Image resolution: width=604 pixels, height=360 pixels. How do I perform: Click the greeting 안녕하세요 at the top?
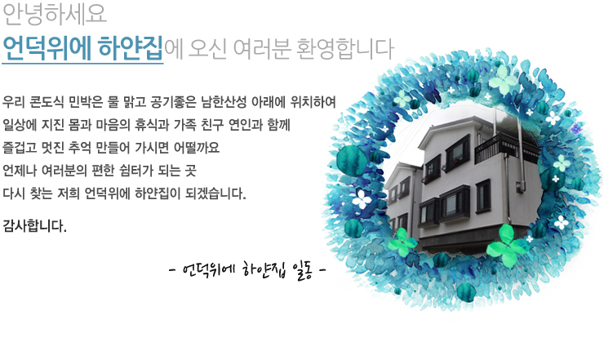coord(55,14)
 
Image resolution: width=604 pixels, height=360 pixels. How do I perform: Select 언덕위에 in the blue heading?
coord(47,48)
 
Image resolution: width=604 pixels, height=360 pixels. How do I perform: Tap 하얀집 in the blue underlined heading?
coord(131,48)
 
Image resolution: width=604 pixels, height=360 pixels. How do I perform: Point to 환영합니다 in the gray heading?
coord(345,49)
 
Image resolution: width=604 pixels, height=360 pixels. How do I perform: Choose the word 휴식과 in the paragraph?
coord(152,125)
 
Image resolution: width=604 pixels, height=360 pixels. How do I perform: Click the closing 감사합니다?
coord(34,226)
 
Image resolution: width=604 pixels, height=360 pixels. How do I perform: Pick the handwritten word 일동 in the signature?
coord(302,270)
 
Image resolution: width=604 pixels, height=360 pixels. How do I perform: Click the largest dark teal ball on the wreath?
coord(353,161)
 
